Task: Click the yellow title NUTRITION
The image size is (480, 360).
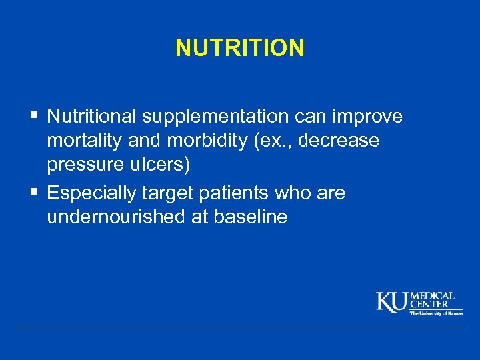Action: coord(240,48)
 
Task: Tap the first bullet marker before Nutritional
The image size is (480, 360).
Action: coord(34,117)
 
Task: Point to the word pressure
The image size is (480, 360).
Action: coord(85,165)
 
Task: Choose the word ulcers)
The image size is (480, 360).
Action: coord(162,165)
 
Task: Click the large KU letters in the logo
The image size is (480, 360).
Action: coord(393,302)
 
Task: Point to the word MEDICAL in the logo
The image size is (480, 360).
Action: coord(433,295)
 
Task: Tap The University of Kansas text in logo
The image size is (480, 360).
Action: coord(435,312)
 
